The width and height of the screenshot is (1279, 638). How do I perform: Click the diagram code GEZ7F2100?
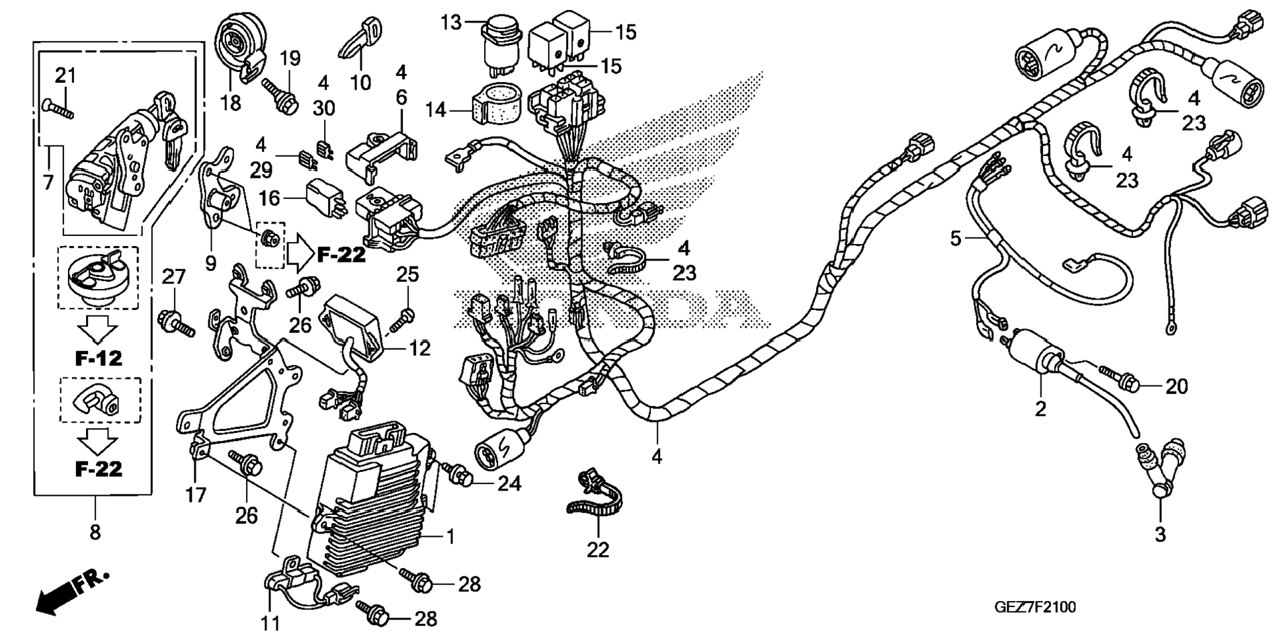(1034, 607)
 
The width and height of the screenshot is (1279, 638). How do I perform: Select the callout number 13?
(451, 23)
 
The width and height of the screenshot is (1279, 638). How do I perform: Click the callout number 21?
(65, 76)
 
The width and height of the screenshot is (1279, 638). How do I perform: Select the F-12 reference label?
(98, 358)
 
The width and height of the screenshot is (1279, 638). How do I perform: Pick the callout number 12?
(420, 348)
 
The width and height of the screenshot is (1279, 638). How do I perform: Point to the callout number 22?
(598, 550)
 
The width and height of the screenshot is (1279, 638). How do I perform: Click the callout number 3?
(1160, 534)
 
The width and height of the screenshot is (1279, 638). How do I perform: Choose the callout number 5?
(955, 238)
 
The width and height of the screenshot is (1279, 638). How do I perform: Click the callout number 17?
(196, 495)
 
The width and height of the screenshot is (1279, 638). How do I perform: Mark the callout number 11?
(271, 622)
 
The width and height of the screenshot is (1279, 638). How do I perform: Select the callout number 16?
(270, 198)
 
